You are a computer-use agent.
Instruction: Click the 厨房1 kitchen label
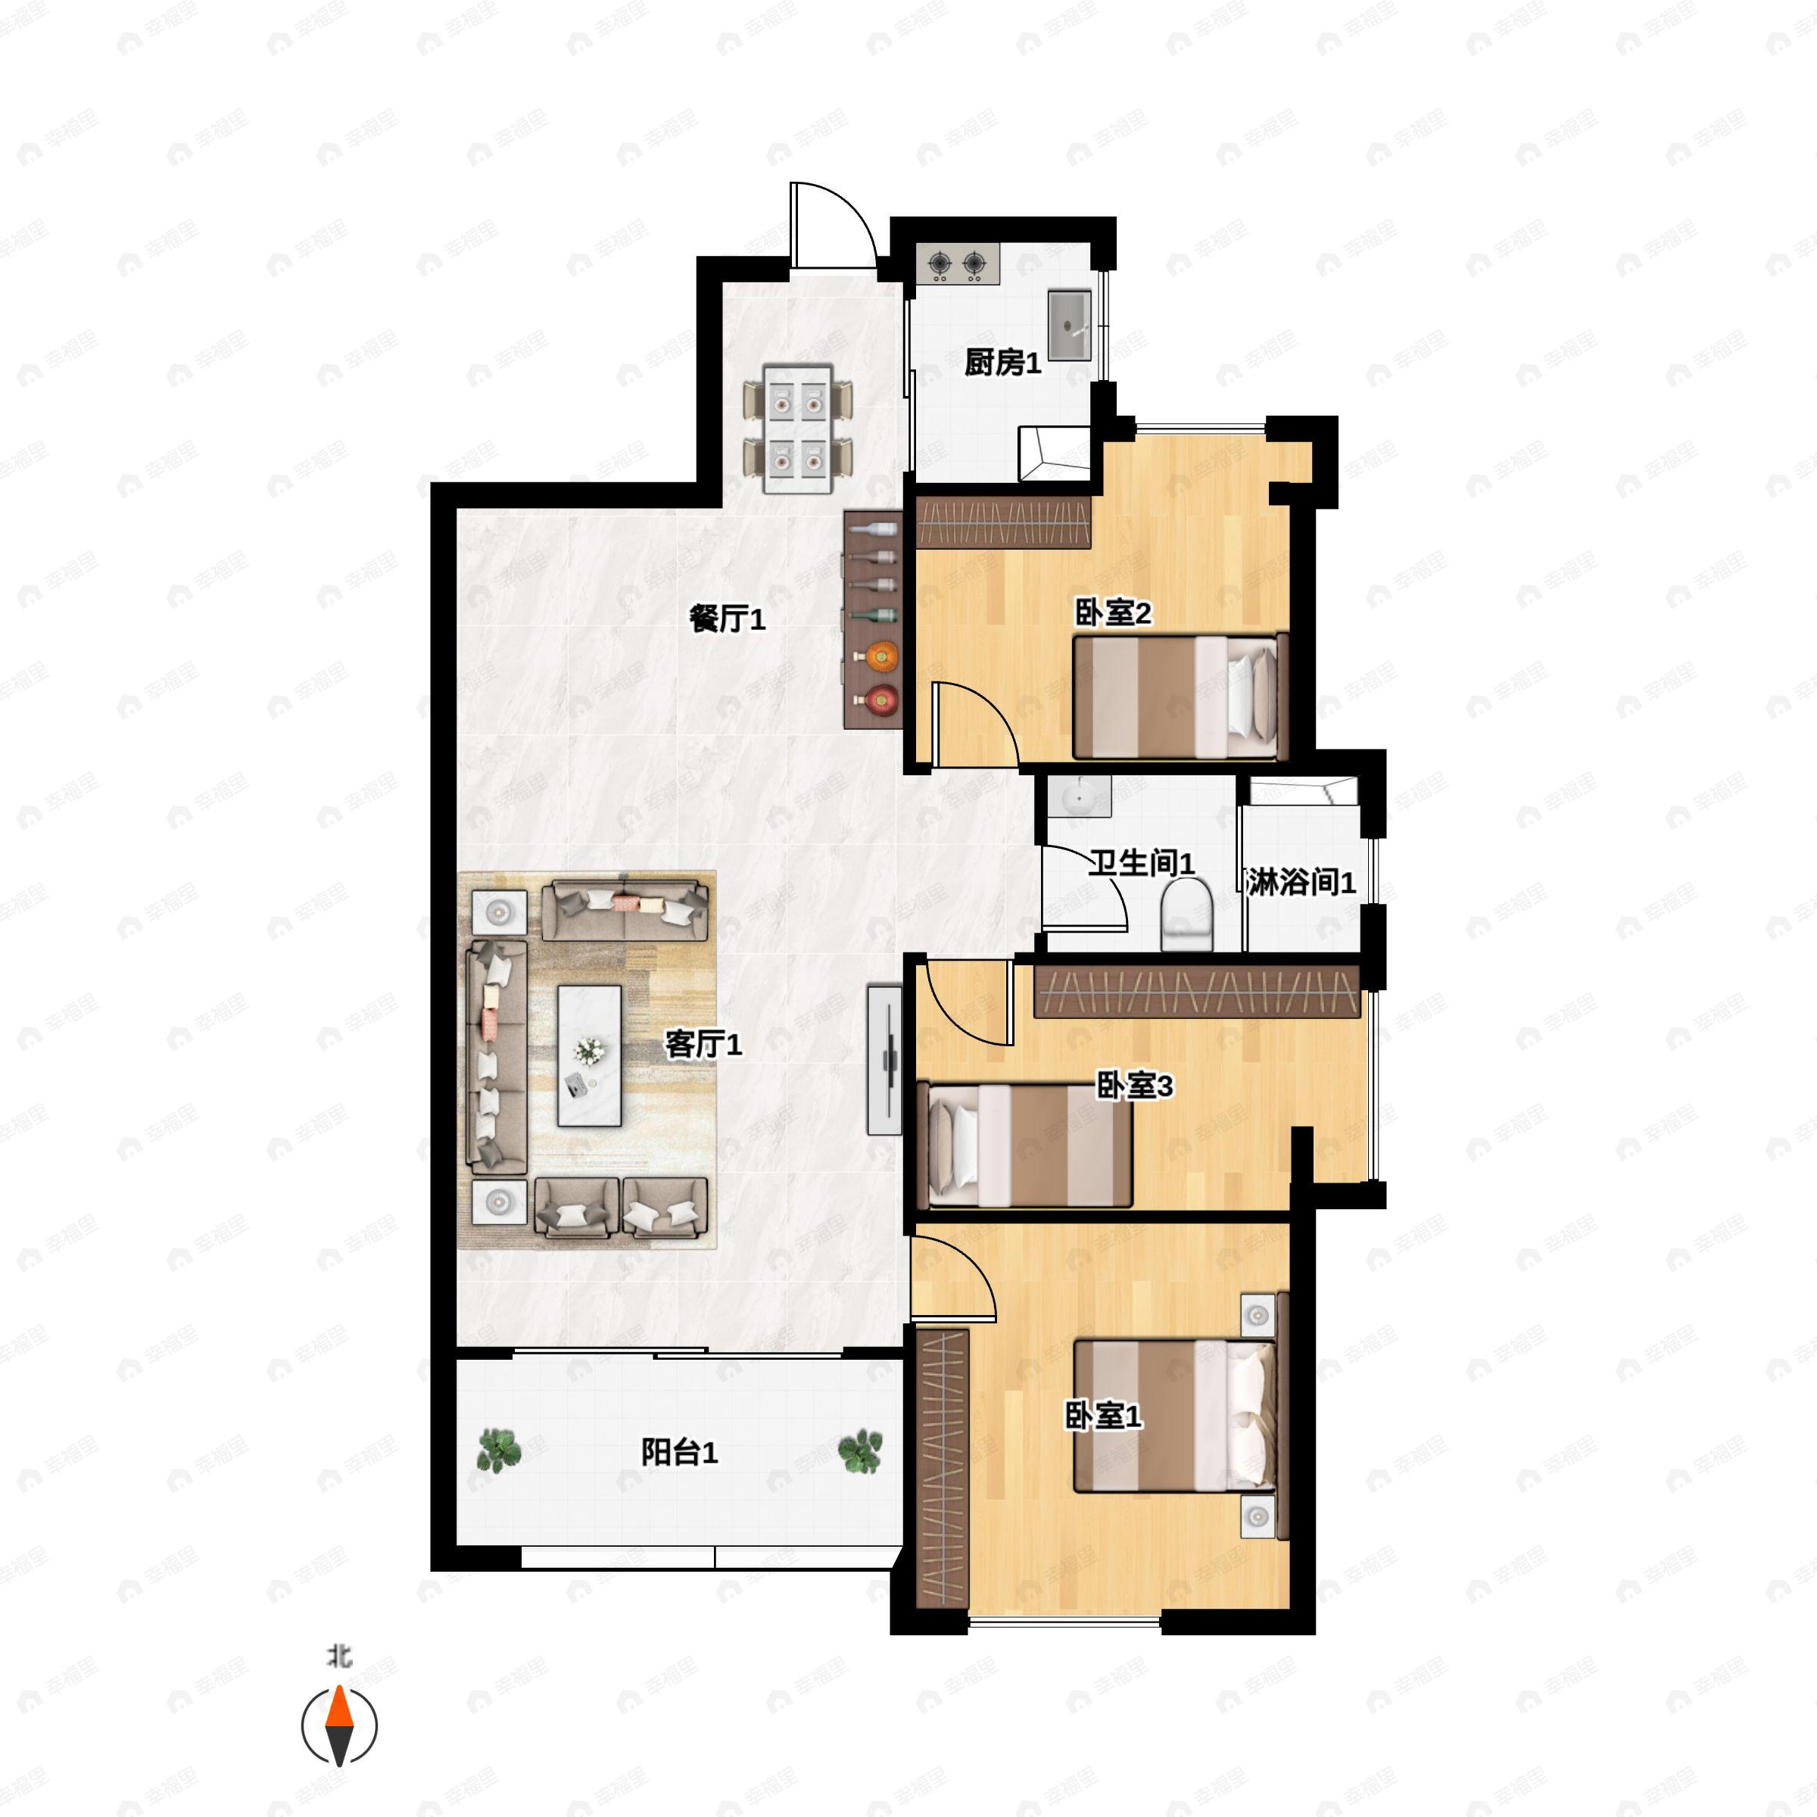1002,363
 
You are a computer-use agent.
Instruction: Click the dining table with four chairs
799,432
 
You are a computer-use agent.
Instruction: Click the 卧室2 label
1113,614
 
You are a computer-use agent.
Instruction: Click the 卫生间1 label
1141,862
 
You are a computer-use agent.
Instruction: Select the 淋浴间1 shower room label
1301,882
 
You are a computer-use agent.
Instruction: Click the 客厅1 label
703,1044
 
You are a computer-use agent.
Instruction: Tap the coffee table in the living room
590,1055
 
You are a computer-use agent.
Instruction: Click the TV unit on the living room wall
884,1060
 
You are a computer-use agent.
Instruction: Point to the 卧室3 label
1135,1086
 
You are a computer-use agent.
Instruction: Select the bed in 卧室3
1029,1145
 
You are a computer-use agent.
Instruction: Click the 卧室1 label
1103,1417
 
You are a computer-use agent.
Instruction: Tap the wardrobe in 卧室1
943,1469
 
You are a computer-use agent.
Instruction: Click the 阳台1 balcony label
679,1453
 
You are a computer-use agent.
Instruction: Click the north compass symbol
339,1725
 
